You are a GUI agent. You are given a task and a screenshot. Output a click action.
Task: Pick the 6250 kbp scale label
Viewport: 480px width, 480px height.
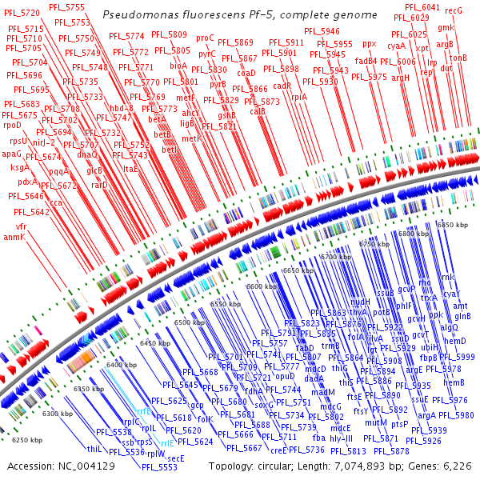pos(27,440)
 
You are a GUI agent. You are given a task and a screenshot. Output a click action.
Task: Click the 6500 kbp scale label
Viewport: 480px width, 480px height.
pos(190,322)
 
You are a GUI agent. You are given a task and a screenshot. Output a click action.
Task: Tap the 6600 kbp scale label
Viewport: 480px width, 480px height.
pos(261,286)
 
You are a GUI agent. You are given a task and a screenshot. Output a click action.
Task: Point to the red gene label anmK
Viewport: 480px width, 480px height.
pos(14,237)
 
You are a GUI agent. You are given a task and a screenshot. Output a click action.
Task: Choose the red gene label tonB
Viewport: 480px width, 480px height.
pos(458,58)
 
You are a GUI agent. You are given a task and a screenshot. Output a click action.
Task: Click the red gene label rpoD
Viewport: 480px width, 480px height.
pos(12,125)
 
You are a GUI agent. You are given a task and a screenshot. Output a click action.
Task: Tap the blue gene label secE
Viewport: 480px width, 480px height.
pos(175,458)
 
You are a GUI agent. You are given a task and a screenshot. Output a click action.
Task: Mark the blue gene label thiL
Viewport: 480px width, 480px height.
pos(94,449)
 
